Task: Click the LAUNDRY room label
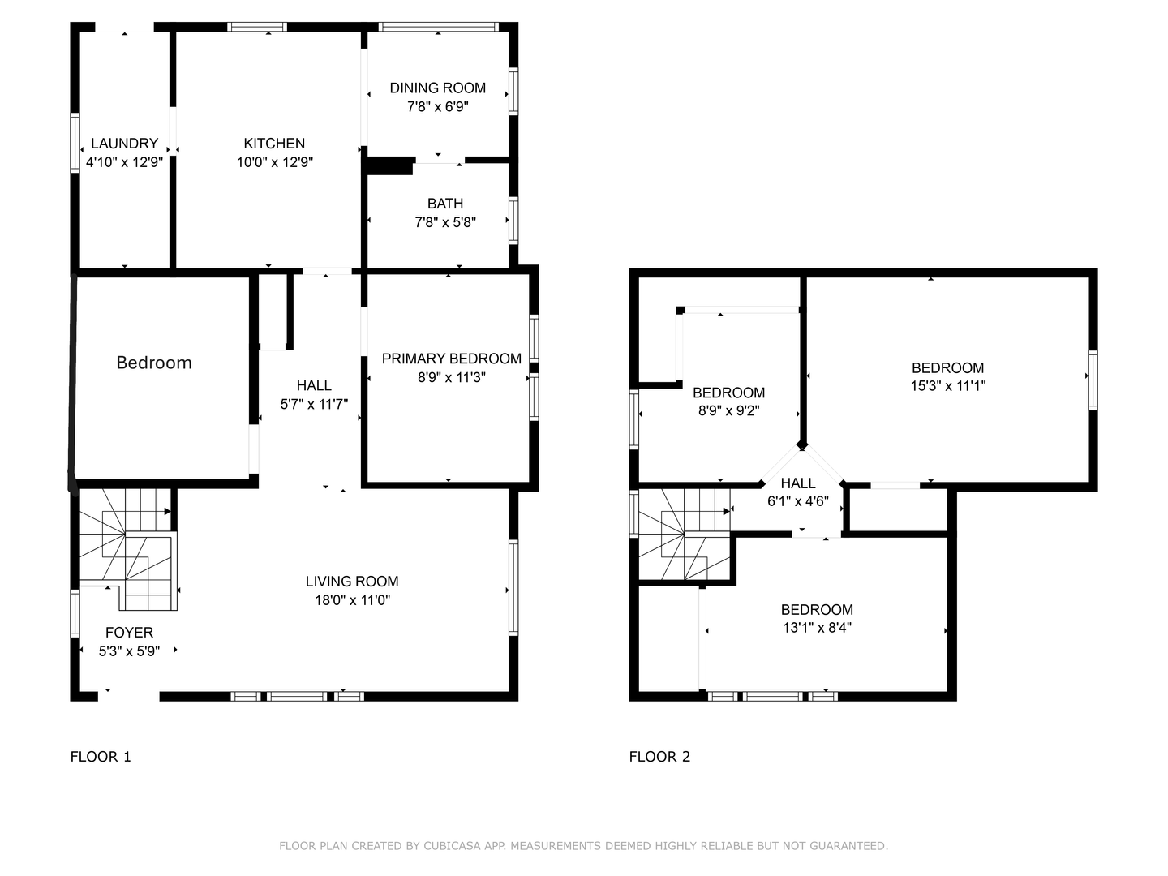[x=124, y=144]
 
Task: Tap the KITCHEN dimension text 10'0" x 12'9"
[x=274, y=162]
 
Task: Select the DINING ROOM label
[x=437, y=88]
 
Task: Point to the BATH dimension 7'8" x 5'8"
[x=444, y=222]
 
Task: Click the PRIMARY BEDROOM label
[x=451, y=359]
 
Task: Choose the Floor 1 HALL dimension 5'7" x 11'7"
[x=314, y=404]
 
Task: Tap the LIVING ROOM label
[x=352, y=582]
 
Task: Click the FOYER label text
[x=129, y=633]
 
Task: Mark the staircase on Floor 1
[x=128, y=548]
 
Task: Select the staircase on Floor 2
[x=685, y=534]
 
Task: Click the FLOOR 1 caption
[x=101, y=757]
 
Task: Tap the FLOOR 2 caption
[x=659, y=757]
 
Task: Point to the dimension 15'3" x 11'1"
[x=947, y=386]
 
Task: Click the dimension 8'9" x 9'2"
[x=728, y=411]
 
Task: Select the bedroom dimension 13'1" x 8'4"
[x=817, y=628]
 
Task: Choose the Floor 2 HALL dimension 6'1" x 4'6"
[x=798, y=501]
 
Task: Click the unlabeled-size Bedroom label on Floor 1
[x=154, y=363]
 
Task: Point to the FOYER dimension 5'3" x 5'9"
[x=129, y=651]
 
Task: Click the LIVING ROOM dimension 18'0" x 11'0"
[x=352, y=600]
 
